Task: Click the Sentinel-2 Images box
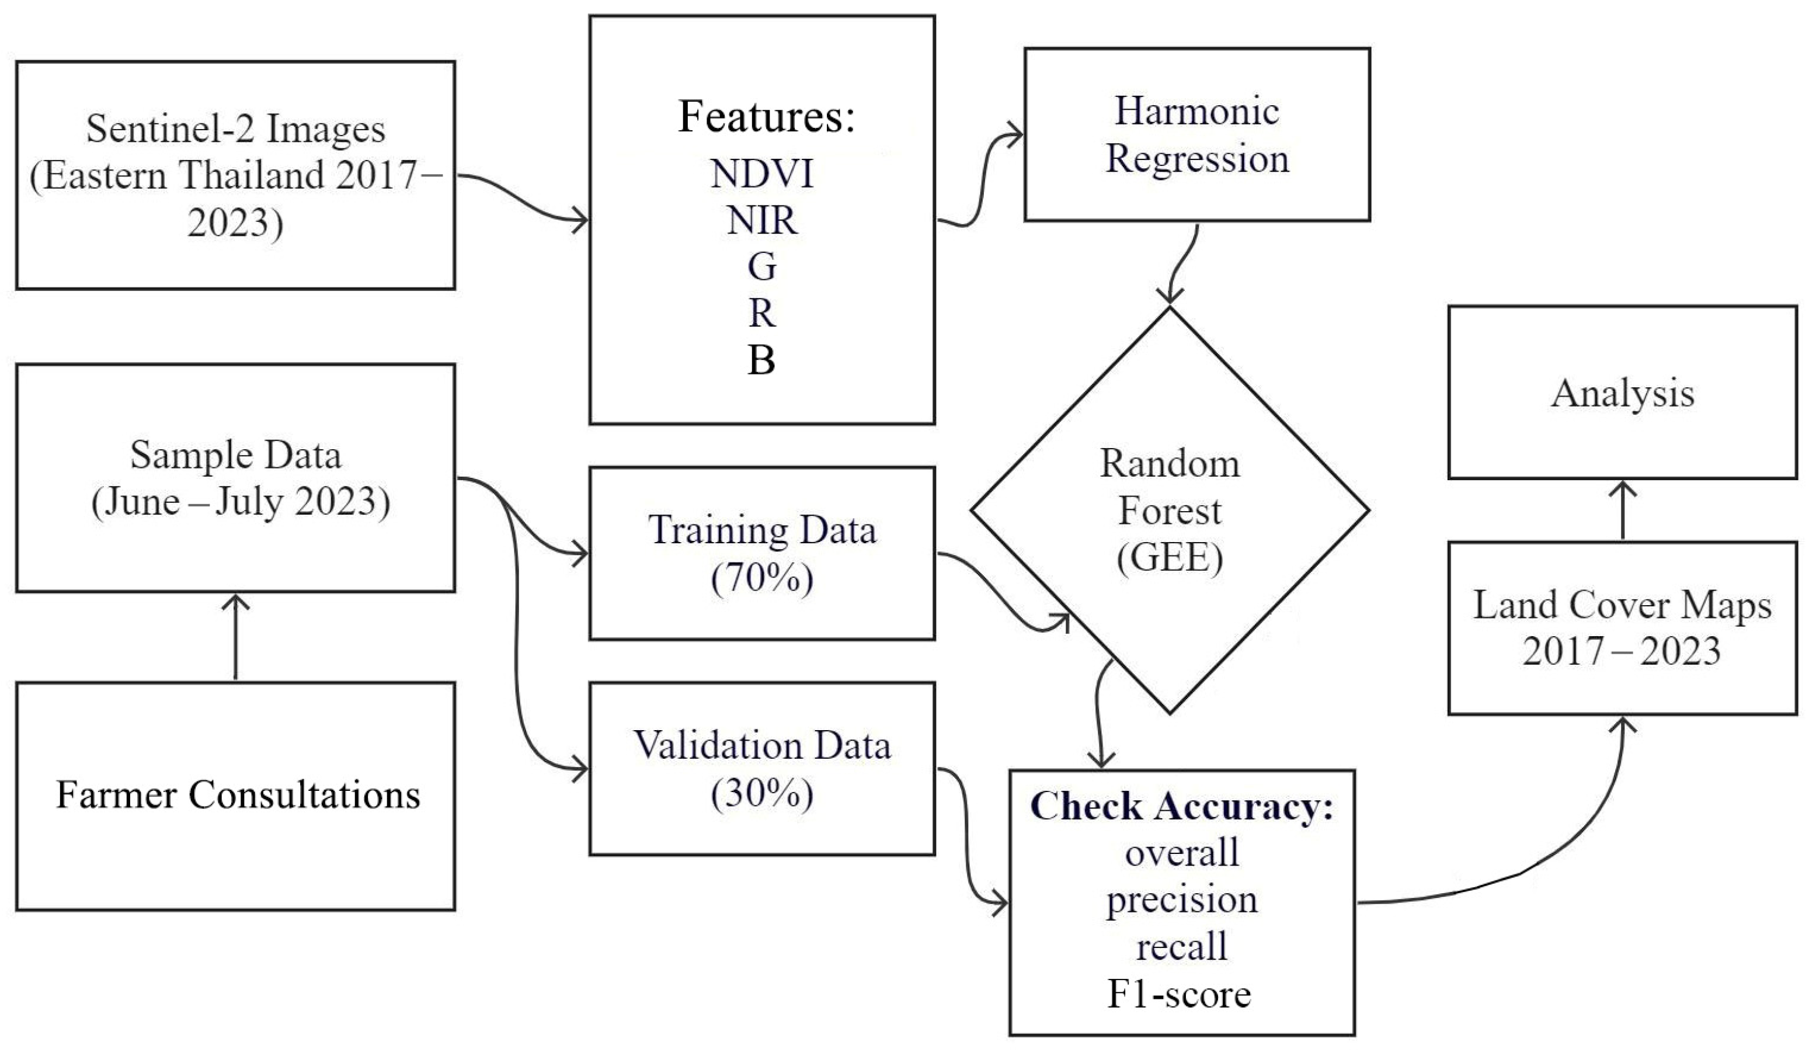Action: click(x=235, y=175)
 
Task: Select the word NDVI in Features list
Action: click(x=761, y=174)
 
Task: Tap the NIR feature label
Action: click(x=761, y=220)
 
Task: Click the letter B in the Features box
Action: click(x=761, y=360)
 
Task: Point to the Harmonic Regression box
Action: click(x=1196, y=134)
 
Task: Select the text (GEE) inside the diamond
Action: click(x=1170, y=558)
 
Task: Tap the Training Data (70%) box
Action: click(x=761, y=553)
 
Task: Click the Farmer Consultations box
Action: click(x=235, y=796)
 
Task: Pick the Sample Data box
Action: click(x=235, y=478)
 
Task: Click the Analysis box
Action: click(x=1622, y=392)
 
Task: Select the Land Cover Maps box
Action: click(x=1622, y=629)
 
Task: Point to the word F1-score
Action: click(x=1180, y=994)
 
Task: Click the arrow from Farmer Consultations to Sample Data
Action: click(x=235, y=638)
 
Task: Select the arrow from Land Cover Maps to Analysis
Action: click(x=1624, y=511)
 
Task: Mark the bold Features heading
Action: click(x=766, y=116)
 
